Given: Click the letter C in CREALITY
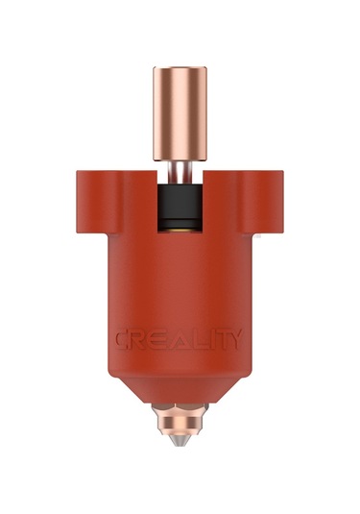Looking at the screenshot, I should (123, 340).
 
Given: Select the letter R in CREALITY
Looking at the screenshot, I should (140, 340).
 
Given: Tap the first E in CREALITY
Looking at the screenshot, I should (156, 340).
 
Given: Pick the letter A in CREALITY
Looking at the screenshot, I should (174, 340).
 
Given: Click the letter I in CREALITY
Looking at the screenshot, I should (203, 340).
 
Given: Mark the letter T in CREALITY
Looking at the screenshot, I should (216, 340).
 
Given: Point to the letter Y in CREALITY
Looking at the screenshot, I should (234, 340).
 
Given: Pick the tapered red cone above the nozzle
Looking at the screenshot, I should (180, 389).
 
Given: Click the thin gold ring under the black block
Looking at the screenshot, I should (180, 228).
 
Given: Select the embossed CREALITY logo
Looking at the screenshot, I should (180, 340).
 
